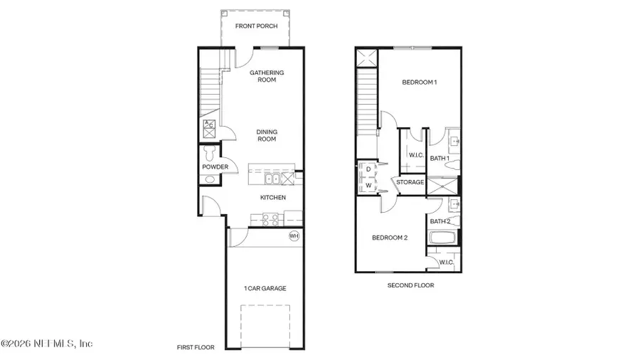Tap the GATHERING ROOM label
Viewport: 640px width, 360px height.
click(267, 76)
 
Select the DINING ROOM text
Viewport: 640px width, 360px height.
click(267, 135)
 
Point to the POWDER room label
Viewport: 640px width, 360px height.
click(215, 167)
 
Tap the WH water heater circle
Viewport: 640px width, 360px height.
click(294, 236)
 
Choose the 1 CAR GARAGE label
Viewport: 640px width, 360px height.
click(266, 288)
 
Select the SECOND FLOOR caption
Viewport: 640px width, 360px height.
click(410, 285)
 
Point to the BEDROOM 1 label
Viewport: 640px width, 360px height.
click(420, 83)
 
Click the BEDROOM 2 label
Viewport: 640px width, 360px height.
click(390, 238)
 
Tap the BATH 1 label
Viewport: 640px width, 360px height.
click(439, 158)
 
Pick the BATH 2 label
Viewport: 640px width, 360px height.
click(439, 221)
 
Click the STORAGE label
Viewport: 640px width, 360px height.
click(410, 182)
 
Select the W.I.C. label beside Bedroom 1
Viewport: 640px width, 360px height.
click(416, 155)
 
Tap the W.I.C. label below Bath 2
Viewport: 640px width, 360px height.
click(446, 262)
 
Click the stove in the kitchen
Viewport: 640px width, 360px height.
click(271, 220)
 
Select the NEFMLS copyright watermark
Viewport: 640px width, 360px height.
click(47, 344)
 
